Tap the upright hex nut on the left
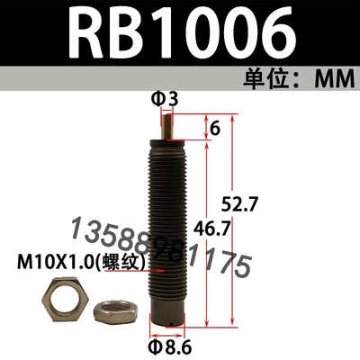pos(67,302)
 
